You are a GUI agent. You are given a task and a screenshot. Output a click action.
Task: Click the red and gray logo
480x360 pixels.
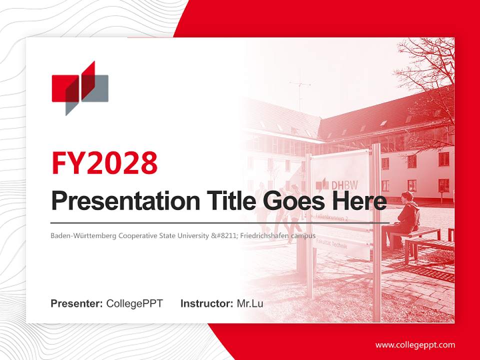click(80, 88)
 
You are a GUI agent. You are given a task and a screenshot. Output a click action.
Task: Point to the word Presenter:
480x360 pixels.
click(76, 303)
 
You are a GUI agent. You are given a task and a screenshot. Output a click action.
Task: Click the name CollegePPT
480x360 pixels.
click(134, 303)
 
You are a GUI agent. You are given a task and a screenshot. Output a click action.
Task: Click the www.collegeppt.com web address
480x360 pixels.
click(415, 344)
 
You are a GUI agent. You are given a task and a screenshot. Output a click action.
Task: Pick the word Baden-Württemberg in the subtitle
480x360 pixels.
click(83, 235)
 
